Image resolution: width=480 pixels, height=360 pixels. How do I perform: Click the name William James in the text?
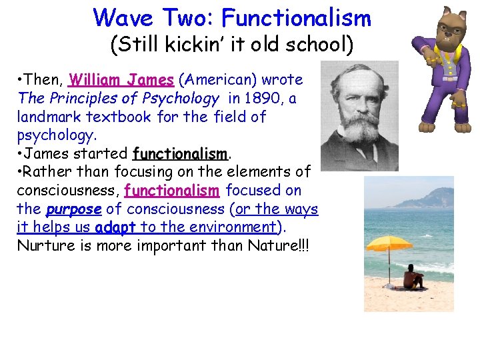pos(121,80)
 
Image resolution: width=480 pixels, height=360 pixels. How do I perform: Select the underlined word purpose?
pos(73,209)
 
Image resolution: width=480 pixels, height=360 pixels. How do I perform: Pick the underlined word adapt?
pos(115,227)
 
